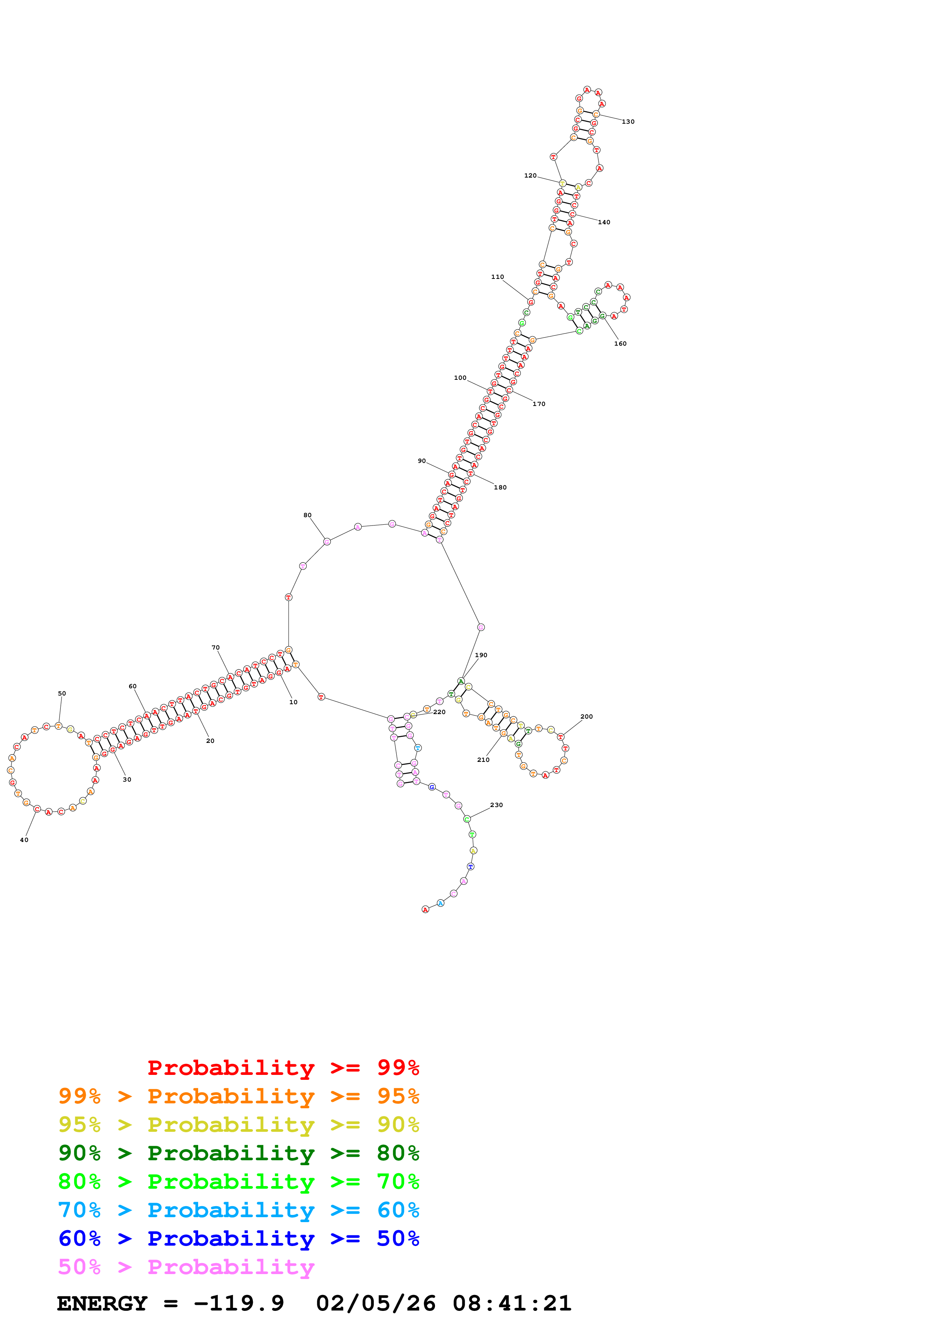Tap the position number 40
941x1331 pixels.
pos(24,840)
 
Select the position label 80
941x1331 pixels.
pos(307,515)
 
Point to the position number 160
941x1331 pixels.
pos(620,344)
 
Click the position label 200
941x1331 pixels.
pos(587,716)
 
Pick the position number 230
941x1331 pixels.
pos(496,805)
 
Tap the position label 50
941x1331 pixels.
pos(62,693)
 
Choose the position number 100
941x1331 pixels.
pos(460,378)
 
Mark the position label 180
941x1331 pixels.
pos(500,488)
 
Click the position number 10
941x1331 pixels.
pos(293,702)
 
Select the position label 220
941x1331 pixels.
pos(440,712)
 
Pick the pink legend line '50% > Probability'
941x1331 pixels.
pos(186,1267)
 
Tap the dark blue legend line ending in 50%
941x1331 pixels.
pos(238,1238)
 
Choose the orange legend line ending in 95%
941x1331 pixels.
pos(238,1096)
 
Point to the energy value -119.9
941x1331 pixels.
pos(239,1304)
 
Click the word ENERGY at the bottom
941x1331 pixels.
pos(102,1304)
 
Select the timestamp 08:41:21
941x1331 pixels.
pos(512,1304)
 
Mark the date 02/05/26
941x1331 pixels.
pos(376,1304)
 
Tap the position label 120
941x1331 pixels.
pos(531,176)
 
